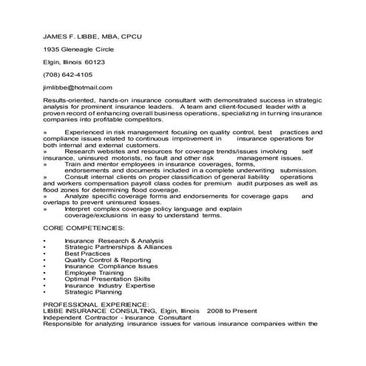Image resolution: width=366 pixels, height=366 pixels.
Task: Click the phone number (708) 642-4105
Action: (x=67, y=75)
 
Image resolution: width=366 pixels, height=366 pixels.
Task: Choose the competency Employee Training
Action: (x=96, y=273)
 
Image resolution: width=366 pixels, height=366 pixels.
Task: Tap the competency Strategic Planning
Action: (x=95, y=292)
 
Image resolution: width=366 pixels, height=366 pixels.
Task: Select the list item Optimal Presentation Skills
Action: (x=107, y=279)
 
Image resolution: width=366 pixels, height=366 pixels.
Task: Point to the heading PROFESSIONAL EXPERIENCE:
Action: (x=95, y=305)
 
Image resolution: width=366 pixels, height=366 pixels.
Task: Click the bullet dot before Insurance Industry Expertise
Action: (x=45, y=285)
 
